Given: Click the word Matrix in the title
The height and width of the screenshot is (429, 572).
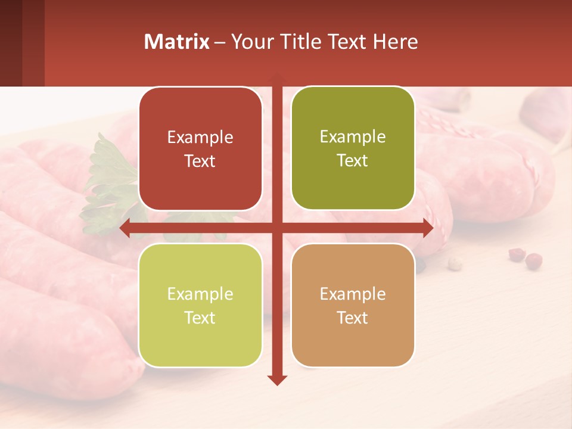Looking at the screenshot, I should (176, 42).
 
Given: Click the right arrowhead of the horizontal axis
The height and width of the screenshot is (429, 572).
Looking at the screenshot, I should (427, 228).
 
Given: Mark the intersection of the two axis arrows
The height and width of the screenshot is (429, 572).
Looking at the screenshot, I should (277, 228).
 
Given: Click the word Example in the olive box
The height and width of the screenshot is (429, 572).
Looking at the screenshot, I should (353, 137).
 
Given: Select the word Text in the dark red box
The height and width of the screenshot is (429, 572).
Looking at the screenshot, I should (200, 161).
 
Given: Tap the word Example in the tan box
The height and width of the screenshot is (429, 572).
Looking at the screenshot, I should (353, 294).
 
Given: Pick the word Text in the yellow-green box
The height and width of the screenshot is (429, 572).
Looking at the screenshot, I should (200, 318).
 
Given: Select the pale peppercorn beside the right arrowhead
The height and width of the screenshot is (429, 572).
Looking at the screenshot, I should (455, 262).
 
